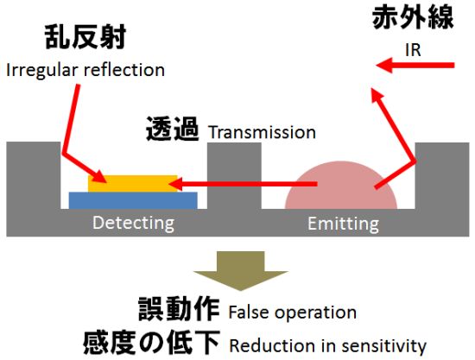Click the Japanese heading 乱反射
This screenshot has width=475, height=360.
click(85, 37)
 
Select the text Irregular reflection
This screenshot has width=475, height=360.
click(85, 70)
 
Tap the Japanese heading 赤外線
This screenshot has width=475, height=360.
click(413, 17)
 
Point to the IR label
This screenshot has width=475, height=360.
click(413, 50)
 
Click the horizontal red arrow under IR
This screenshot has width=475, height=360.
click(415, 65)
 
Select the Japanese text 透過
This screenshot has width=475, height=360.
click(173, 129)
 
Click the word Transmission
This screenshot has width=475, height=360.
click(262, 132)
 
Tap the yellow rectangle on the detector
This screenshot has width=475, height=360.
click(133, 184)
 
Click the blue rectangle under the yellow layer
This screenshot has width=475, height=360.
click(133, 200)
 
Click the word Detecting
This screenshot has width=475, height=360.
click(133, 223)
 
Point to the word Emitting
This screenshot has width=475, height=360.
click(343, 224)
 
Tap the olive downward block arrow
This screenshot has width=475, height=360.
click(241, 271)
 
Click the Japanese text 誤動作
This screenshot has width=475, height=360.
click(179, 309)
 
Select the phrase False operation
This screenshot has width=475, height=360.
click(292, 313)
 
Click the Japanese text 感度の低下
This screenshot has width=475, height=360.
click(151, 342)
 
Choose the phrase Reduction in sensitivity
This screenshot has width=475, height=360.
click(328, 345)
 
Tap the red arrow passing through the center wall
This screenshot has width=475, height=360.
click(243, 184)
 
